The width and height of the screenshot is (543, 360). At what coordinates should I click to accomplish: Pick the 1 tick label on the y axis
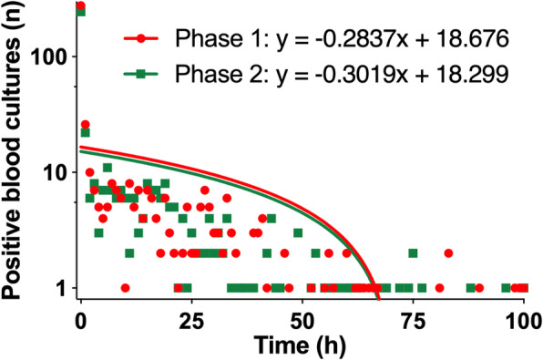[x=60, y=288]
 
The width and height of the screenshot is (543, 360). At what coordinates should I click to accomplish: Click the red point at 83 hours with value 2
[x=448, y=253]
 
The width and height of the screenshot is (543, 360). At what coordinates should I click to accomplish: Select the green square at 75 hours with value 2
[x=413, y=253]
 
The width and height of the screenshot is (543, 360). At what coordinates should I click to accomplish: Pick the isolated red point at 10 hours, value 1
[x=125, y=288]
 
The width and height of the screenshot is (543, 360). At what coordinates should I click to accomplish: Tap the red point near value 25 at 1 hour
[x=86, y=125]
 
